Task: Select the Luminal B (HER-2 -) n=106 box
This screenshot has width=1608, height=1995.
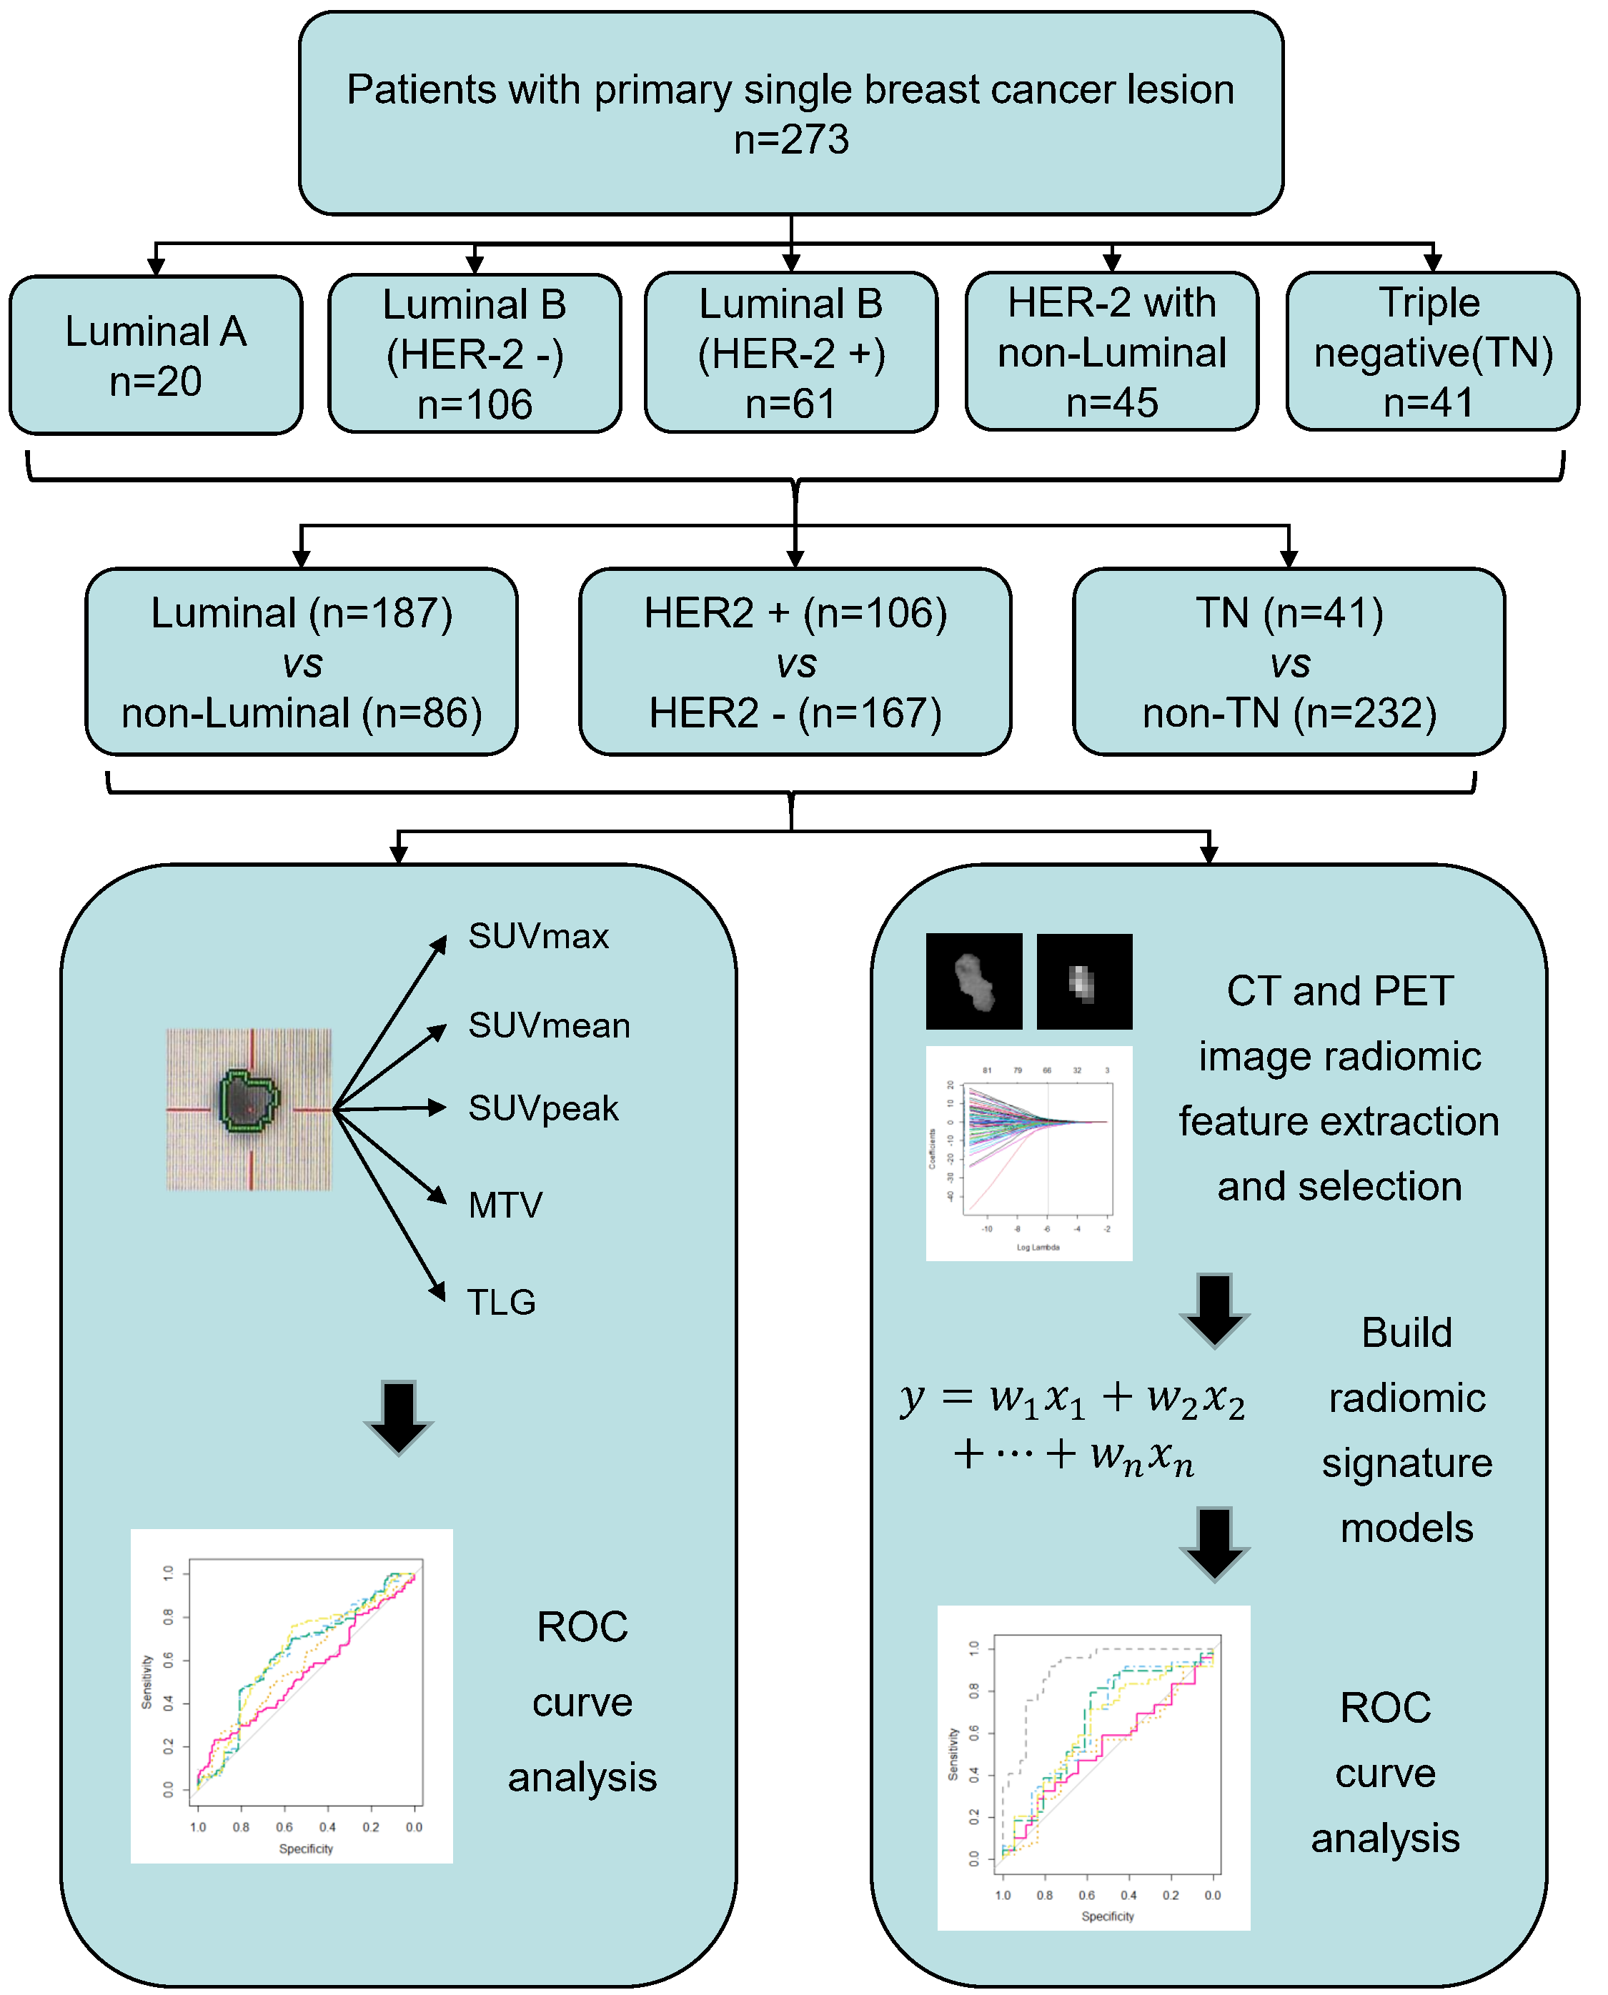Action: click(475, 354)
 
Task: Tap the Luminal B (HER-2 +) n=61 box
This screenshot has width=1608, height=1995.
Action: click(792, 353)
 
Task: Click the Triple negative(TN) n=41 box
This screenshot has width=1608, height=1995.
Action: click(1433, 352)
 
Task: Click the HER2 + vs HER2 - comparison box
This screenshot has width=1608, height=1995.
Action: click(795, 663)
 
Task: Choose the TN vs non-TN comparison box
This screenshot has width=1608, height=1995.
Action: click(1289, 663)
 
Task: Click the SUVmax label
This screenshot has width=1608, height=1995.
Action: click(539, 936)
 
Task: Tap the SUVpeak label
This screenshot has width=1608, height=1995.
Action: click(544, 1109)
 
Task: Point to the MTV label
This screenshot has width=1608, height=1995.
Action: click(506, 1205)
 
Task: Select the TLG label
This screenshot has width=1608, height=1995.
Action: click(501, 1302)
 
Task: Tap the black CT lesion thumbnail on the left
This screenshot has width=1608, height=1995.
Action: click(974, 982)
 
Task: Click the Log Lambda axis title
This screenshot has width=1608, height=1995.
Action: click(1038, 1248)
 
